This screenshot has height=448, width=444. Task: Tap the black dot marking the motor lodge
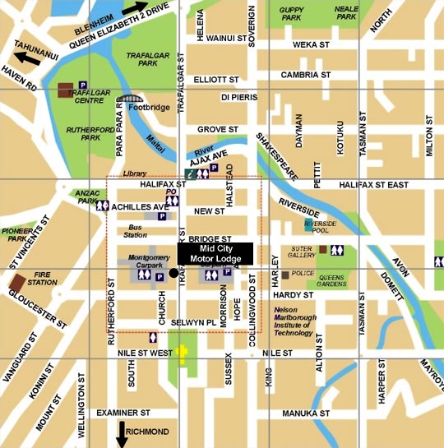coord(173,272)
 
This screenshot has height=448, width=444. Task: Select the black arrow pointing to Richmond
coord(122,434)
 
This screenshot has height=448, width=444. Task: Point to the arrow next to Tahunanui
coord(25,57)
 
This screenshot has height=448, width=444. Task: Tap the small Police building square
coord(285,274)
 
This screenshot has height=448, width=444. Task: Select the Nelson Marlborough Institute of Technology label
coord(293,321)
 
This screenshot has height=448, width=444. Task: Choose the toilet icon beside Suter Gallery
coord(336,251)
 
